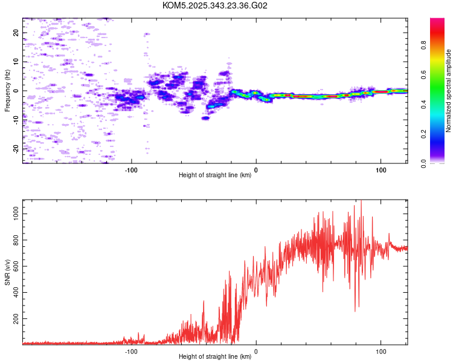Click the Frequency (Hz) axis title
point(7,91)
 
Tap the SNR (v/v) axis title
point(7,273)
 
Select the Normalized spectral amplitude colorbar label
point(449,91)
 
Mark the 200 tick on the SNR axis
point(16,318)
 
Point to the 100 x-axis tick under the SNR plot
point(381,351)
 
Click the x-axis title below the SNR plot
point(215,357)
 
